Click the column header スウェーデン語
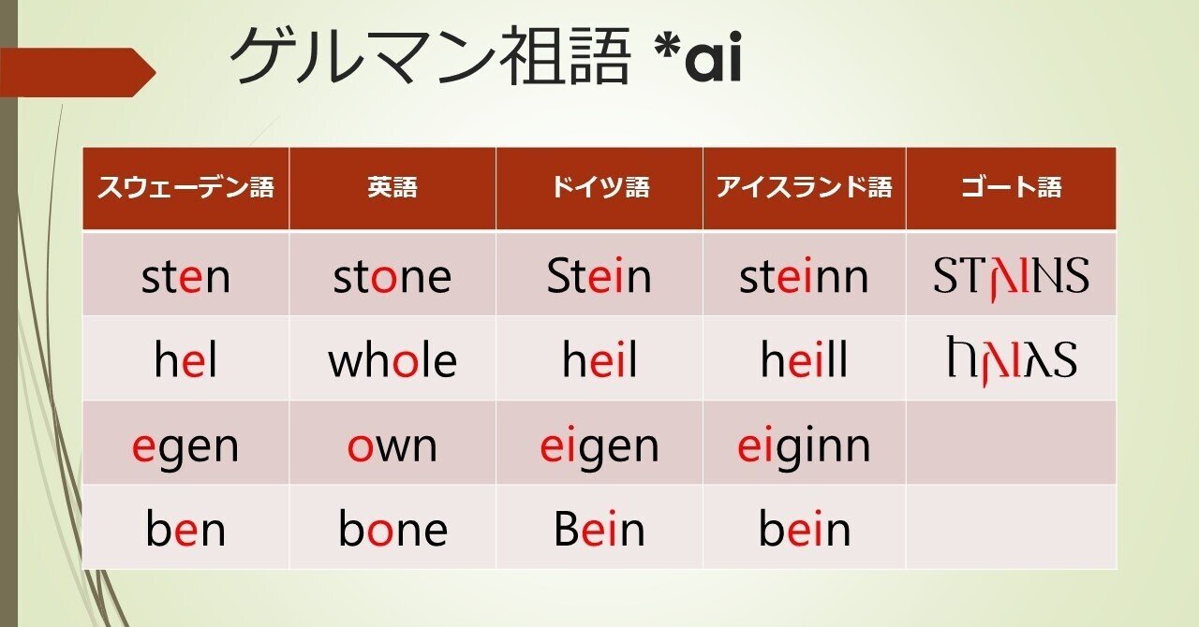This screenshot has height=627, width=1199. [185, 188]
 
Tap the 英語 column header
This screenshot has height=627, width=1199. [392, 188]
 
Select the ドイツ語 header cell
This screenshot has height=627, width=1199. [599, 188]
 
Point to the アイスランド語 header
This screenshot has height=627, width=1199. [804, 188]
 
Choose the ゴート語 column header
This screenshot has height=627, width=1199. [1011, 188]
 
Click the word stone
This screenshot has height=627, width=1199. [392, 277]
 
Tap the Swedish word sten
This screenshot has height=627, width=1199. [185, 277]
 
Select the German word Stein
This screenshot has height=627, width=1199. [599, 277]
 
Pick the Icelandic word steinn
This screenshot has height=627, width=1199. [804, 277]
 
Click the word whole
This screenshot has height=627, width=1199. [392, 361]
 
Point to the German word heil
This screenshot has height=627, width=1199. [599, 361]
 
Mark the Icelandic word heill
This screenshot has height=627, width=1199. [804, 361]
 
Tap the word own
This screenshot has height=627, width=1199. [392, 446]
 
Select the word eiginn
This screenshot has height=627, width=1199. [804, 446]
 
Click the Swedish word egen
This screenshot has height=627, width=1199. [185, 446]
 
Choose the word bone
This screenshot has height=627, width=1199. [392, 531]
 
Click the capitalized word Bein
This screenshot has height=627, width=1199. [599, 531]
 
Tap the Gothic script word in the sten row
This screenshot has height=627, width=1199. [1011, 277]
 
